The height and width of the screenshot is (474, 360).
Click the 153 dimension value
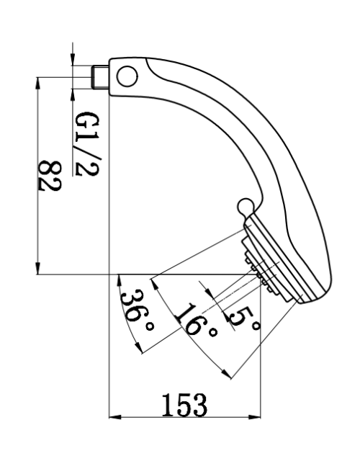click(x=184, y=406)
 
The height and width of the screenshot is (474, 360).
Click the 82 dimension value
click(x=50, y=176)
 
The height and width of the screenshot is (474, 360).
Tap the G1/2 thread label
click(x=86, y=144)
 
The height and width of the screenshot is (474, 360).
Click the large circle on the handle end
click(x=127, y=76)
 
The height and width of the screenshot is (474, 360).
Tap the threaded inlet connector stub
click(x=100, y=77)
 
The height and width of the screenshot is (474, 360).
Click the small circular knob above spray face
click(x=245, y=206)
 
